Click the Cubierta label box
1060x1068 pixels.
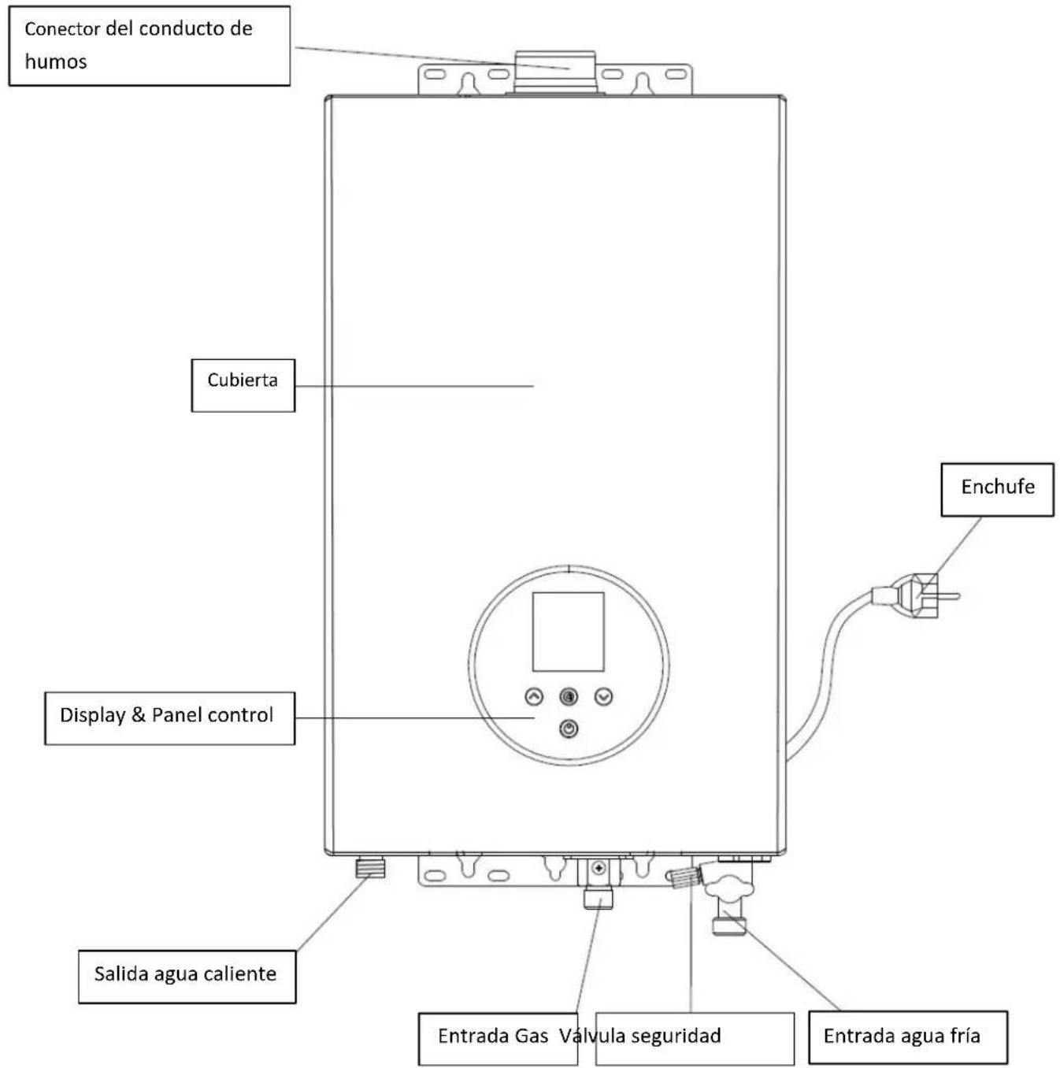click(243, 385)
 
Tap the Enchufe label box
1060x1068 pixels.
click(997, 489)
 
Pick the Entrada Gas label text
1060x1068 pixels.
click(493, 1035)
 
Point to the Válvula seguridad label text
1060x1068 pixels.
click(639, 1035)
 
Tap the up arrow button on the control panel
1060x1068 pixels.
click(534, 696)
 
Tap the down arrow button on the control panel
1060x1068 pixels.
click(603, 696)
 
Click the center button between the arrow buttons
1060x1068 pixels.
click(569, 696)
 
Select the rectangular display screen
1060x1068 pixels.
click(569, 631)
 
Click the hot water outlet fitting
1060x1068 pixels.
click(370, 867)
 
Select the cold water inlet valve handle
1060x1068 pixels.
click(729, 884)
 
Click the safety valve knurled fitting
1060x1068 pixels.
click(684, 877)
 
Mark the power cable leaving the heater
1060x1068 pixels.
click(826, 677)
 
